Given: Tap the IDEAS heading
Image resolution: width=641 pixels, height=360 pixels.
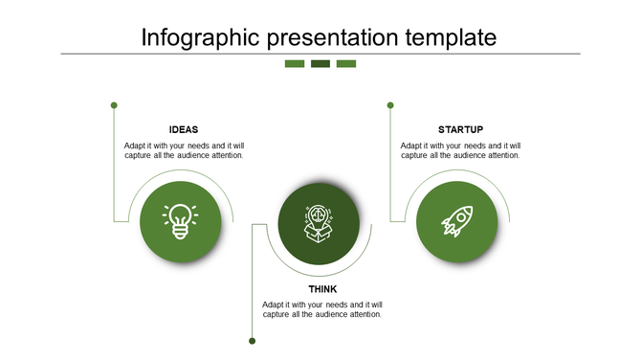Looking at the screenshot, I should (x=184, y=129).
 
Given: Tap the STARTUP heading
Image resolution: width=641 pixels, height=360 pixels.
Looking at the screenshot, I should (x=460, y=129).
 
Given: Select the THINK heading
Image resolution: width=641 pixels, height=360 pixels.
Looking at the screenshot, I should (x=322, y=289).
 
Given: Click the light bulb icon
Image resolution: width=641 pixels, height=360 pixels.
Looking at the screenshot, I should (x=180, y=221).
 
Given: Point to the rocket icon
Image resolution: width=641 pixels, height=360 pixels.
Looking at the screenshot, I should (x=456, y=221).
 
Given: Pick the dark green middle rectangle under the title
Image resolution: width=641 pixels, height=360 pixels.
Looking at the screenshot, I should (x=320, y=64).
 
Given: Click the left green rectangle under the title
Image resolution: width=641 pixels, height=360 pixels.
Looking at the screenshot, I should (x=295, y=64).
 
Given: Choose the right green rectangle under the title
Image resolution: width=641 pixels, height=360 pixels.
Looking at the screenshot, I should (x=346, y=64).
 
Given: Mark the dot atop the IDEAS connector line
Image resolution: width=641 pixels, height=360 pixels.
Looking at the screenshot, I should (x=114, y=104).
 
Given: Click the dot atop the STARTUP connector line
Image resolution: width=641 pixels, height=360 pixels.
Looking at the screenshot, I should (x=390, y=104).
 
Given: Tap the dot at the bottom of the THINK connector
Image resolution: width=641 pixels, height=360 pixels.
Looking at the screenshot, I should (x=253, y=340).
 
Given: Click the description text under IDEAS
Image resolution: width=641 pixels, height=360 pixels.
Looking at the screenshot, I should (x=184, y=150).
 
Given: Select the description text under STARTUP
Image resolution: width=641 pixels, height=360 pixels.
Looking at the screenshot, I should (x=460, y=150).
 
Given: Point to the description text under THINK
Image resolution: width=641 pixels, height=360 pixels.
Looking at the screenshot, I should (x=322, y=309).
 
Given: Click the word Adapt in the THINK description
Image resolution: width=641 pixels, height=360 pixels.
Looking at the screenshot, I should (x=274, y=304).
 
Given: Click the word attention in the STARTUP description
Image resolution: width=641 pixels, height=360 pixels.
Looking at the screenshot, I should (x=501, y=155).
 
